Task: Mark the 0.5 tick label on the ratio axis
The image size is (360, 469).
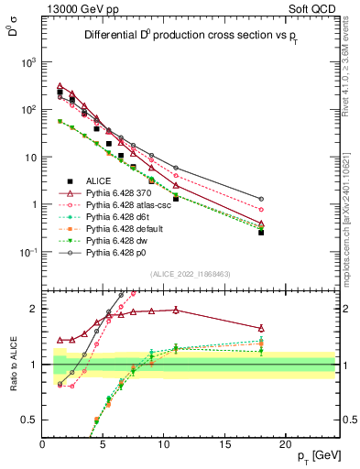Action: (x=30, y=420)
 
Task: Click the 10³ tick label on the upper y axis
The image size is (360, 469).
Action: (x=28, y=62)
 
